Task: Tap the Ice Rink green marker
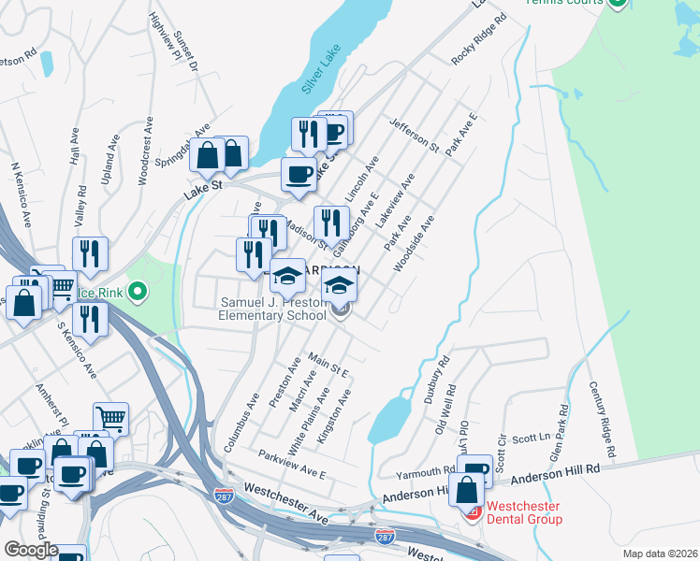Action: pos(138,293)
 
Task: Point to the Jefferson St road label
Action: pos(415,135)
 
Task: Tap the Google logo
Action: pos(31,550)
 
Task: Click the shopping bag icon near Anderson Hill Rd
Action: pos(465,489)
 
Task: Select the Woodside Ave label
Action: pos(414,244)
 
